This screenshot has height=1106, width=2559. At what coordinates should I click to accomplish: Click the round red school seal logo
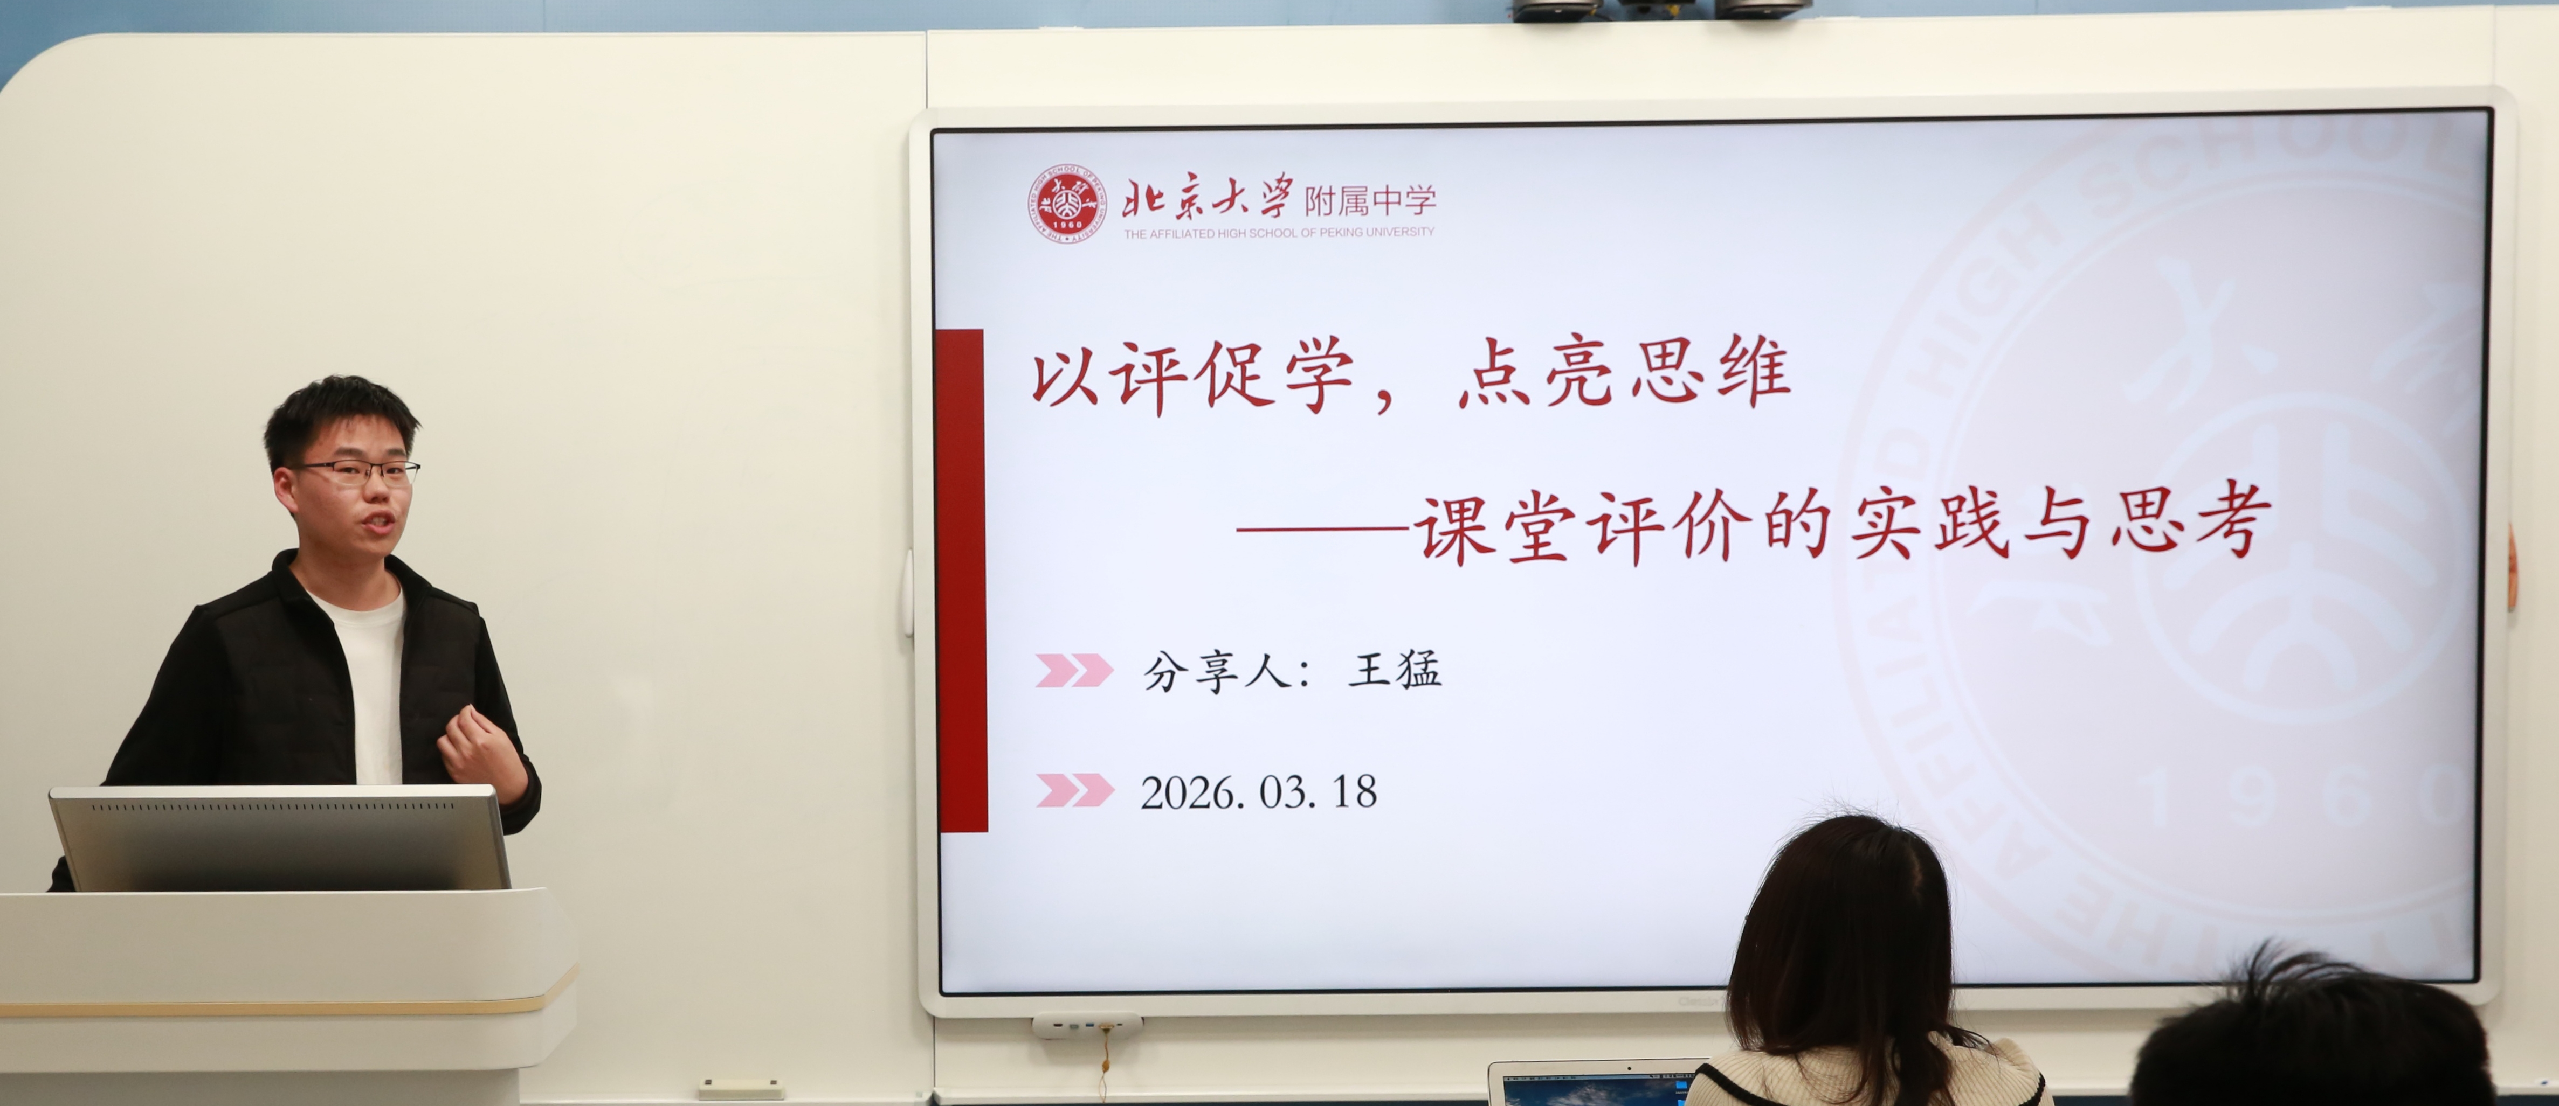click(1066, 204)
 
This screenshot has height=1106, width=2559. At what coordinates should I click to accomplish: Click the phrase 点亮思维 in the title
click(1624, 372)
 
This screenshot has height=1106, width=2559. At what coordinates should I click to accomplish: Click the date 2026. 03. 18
click(1259, 792)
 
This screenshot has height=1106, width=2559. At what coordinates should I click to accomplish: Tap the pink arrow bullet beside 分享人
click(1074, 670)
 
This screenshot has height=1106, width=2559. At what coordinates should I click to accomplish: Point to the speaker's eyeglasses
click(357, 471)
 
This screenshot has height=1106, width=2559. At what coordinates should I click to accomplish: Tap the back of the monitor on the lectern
click(281, 838)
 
